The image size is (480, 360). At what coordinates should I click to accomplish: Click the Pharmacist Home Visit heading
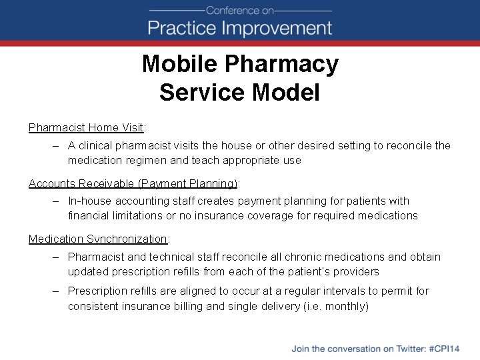pos(87,127)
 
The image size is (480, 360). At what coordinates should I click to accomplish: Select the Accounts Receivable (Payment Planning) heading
pos(133,183)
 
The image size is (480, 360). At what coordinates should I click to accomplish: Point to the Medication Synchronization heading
pos(98,239)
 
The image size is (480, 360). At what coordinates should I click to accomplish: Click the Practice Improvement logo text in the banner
pos(239,28)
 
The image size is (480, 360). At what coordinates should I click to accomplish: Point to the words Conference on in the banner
pos(239,10)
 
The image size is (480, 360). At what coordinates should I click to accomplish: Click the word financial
pos(89,215)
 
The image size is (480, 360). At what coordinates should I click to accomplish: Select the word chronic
pos(288,257)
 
